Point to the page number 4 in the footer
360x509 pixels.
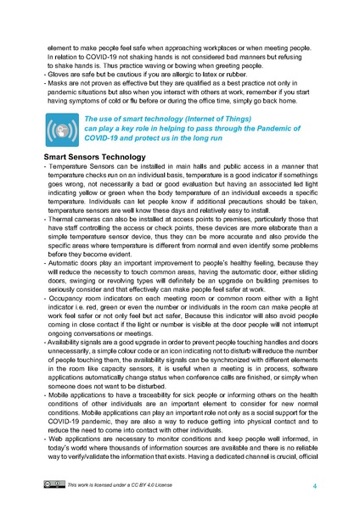[315, 486]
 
